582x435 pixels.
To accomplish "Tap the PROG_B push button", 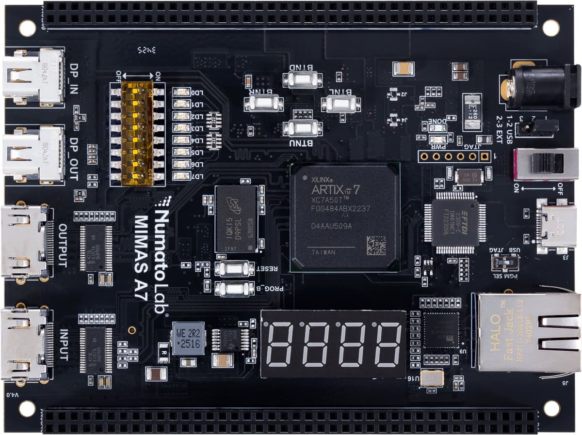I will point(235,288).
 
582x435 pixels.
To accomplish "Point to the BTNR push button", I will point(264,103).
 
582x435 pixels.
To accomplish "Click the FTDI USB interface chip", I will point(449,222).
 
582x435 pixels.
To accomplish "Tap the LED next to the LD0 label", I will point(180,93).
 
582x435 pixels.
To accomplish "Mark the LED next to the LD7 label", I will point(180,176).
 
